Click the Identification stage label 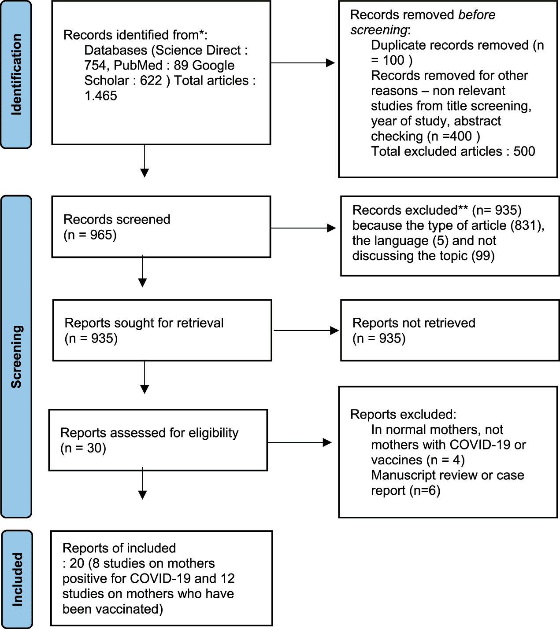tap(16, 74)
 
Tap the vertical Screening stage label tap(16, 357)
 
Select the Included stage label tap(17, 579)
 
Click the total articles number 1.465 tap(100, 96)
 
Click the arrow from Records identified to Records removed tap(302, 63)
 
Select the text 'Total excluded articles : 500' tap(453, 151)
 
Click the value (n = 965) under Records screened tap(90, 235)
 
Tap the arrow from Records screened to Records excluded tap(303, 228)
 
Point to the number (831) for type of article tap(527, 225)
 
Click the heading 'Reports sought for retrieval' tap(144, 323)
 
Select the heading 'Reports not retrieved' tap(414, 323)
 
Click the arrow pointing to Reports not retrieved tap(306, 331)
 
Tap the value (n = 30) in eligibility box tap(83, 448)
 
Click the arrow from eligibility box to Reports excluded tap(300, 442)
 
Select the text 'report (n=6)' tap(405, 491)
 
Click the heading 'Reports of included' tap(119, 548)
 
